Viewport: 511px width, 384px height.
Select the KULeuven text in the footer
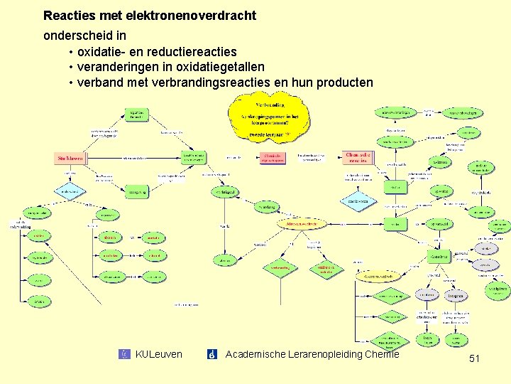(158, 354)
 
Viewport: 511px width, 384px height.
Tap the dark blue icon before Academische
(211, 354)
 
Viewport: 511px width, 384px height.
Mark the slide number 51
(474, 359)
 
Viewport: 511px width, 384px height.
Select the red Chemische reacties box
(356, 157)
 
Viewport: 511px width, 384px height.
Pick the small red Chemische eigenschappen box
(273, 159)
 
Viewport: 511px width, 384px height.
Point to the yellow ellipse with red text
(301, 223)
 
